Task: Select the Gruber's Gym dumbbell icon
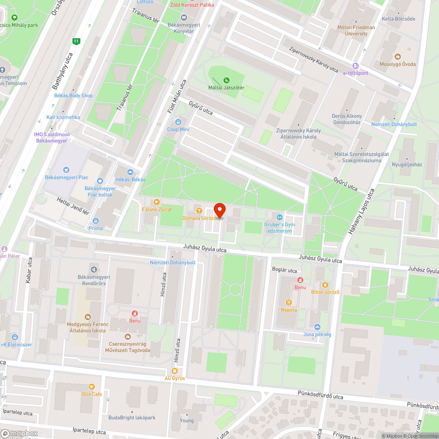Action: tap(279, 217)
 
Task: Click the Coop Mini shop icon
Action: tap(178, 122)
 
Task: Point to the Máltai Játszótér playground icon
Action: tap(226, 80)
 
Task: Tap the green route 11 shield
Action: tap(77, 42)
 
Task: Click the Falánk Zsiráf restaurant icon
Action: tap(157, 202)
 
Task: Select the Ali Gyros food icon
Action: tap(175, 371)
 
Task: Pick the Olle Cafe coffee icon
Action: tap(92, 387)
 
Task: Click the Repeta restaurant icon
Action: tap(289, 302)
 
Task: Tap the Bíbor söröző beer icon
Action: tap(325, 284)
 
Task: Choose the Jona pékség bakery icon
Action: tap(317, 327)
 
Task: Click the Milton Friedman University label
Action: tap(356, 30)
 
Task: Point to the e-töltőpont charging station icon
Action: tap(356, 66)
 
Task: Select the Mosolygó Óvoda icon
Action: tap(398, 57)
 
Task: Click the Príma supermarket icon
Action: tap(96, 221)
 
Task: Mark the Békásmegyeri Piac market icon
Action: tap(66, 170)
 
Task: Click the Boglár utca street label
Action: tap(284, 270)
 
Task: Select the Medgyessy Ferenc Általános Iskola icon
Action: tap(87, 317)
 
